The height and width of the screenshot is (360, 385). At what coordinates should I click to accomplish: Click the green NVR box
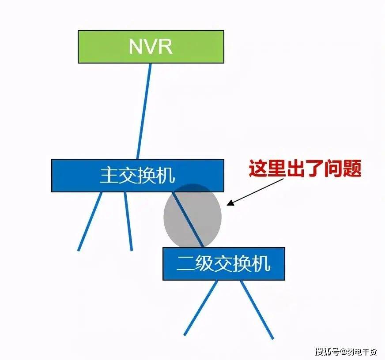(x=151, y=46)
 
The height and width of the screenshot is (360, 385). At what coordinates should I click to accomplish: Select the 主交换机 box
(x=137, y=175)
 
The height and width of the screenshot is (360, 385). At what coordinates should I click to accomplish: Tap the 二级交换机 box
(x=223, y=264)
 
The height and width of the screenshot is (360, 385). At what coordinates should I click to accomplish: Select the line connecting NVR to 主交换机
(x=144, y=110)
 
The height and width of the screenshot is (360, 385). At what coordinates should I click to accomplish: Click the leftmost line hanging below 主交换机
(x=90, y=221)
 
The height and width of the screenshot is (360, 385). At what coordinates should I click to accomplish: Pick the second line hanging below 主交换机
(x=128, y=221)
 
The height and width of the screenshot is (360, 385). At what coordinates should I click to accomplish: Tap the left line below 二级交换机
(x=201, y=307)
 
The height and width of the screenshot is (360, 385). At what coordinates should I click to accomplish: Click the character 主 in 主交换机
(x=107, y=176)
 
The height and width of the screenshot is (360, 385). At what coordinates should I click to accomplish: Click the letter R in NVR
(x=164, y=46)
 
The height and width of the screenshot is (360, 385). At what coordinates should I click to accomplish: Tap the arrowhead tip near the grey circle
(x=228, y=204)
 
